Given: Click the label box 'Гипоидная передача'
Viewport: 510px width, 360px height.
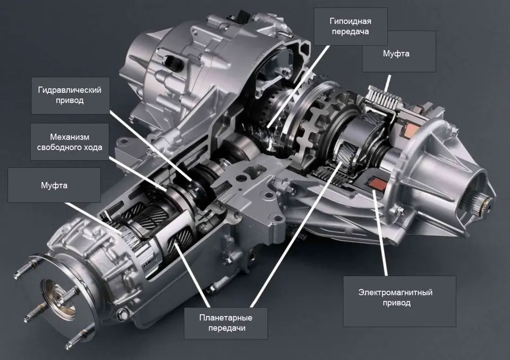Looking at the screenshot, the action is point(350,27).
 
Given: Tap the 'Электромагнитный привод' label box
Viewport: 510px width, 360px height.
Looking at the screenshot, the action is point(399,301).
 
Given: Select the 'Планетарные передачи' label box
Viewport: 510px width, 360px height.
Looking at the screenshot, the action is point(226,323).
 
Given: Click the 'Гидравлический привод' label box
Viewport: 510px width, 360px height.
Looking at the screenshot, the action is point(70,95).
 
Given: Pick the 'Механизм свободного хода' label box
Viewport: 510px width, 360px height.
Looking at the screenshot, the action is point(70,142).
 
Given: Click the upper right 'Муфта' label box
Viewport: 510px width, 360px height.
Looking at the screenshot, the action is point(399,52).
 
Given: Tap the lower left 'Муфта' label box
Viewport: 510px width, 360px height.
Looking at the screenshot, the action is point(54,185).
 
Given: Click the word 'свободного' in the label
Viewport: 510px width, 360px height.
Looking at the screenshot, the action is point(61,147).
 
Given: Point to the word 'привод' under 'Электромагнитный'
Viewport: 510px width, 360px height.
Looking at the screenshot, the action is point(396,303).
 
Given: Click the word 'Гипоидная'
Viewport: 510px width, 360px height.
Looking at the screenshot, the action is point(350,21).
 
